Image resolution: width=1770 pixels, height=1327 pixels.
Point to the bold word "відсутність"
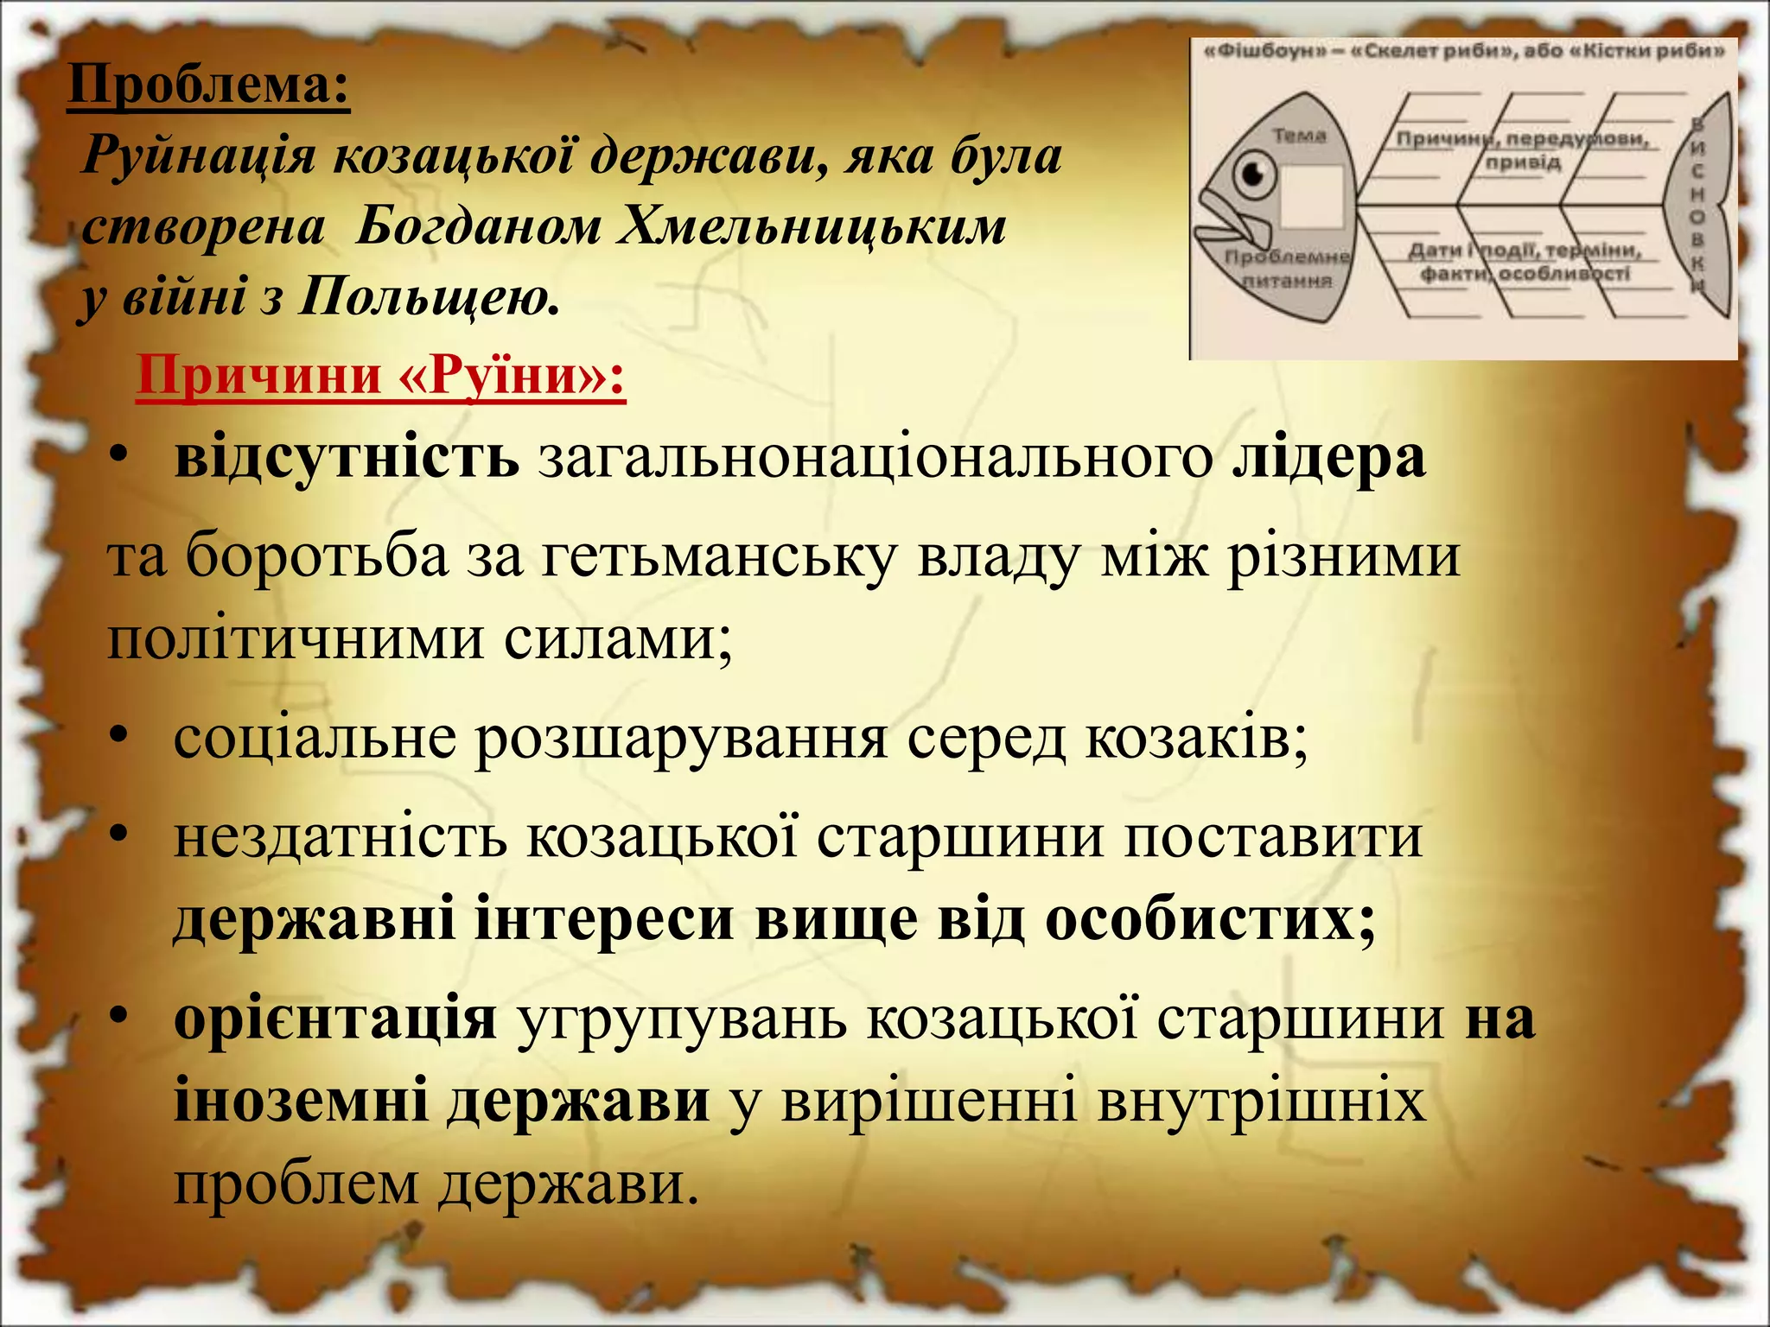(347, 457)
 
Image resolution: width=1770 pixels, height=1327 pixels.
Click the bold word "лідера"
(1328, 457)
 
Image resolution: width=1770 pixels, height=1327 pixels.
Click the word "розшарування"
(681, 739)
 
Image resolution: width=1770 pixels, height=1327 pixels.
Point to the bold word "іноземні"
(301, 1102)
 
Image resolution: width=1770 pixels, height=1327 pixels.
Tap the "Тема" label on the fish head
(1299, 136)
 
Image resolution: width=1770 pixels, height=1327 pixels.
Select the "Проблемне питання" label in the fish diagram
(1287, 269)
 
